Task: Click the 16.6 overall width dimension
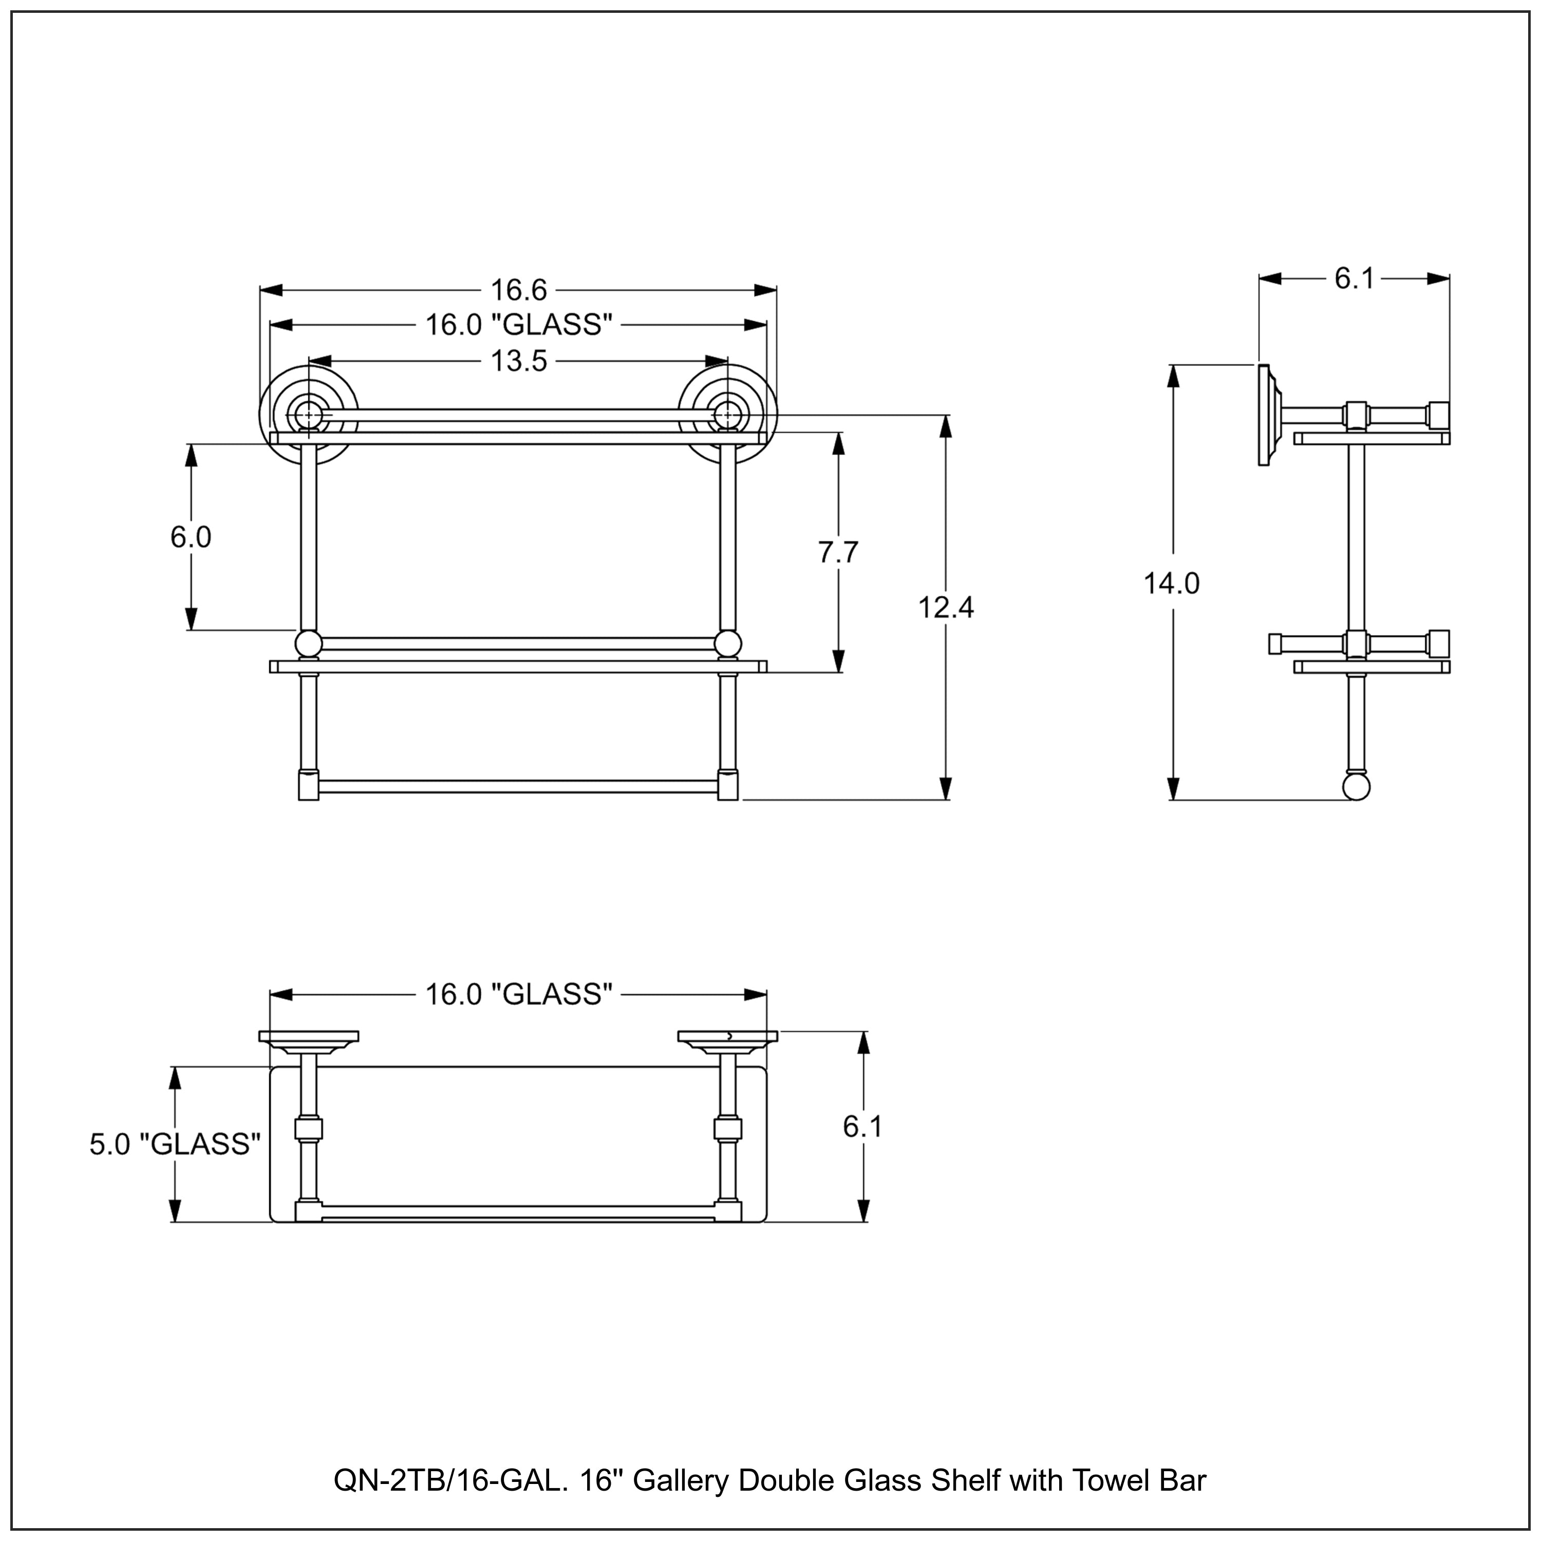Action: pos(518,290)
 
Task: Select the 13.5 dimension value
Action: pos(518,361)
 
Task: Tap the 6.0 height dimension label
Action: pos(191,538)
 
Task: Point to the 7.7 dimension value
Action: pos(837,553)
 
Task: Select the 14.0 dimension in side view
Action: pos(1172,584)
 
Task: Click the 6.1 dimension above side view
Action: pos(1355,278)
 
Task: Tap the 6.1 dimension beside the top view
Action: pos(863,1127)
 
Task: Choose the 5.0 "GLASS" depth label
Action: pos(175,1144)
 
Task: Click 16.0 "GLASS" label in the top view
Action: pos(518,994)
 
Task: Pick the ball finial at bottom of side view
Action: pos(1356,786)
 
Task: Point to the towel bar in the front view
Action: pos(518,786)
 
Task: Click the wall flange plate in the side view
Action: pos(1264,415)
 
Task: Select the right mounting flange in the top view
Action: pos(727,1037)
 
